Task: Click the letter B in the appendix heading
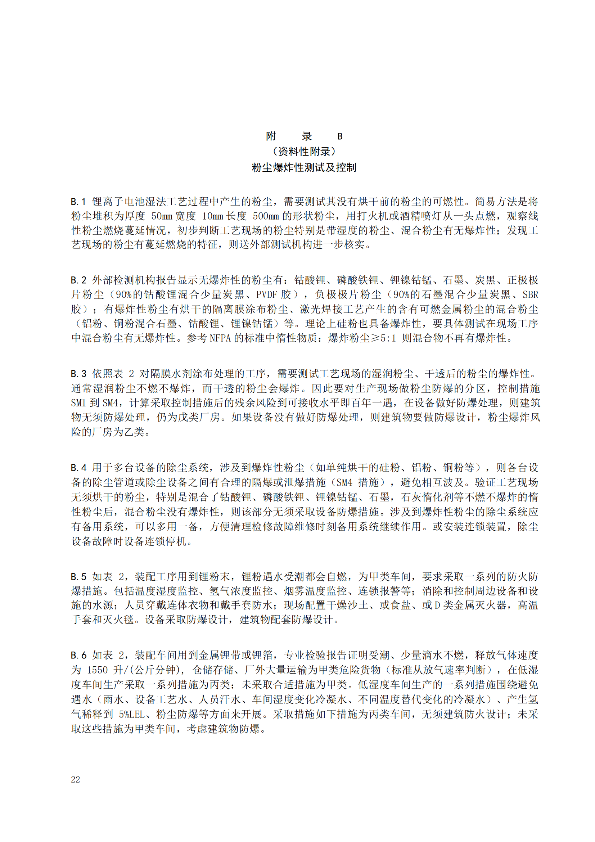pos(340,136)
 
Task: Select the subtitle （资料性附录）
pos(304,152)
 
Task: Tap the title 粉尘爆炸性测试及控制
pos(304,168)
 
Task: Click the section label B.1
pos(78,202)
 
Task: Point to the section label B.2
pos(78,280)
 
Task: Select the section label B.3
pos(78,374)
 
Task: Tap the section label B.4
pos(78,468)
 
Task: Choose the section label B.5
pos(78,577)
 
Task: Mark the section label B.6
pos(78,655)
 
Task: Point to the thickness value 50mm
pos(162,216)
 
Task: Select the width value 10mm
pos(212,216)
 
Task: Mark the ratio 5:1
pos(389,338)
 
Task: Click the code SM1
pos(78,403)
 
